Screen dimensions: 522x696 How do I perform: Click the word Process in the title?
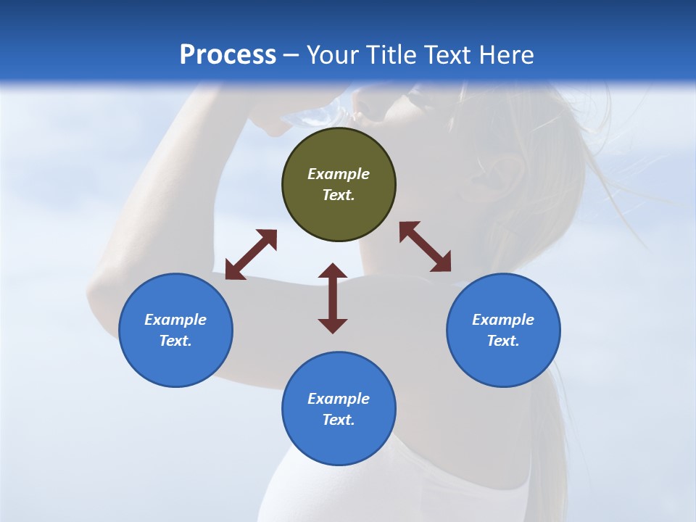click(228, 55)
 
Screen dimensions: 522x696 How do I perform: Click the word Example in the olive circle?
click(339, 174)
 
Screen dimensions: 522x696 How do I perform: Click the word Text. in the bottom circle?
click(339, 420)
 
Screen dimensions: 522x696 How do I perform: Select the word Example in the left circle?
click(175, 320)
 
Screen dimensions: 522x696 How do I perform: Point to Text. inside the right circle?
click(503, 341)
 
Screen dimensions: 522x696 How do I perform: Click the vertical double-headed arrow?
click(333, 298)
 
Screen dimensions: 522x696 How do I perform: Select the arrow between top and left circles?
click(251, 254)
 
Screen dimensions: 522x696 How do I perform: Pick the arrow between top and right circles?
click(426, 246)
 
